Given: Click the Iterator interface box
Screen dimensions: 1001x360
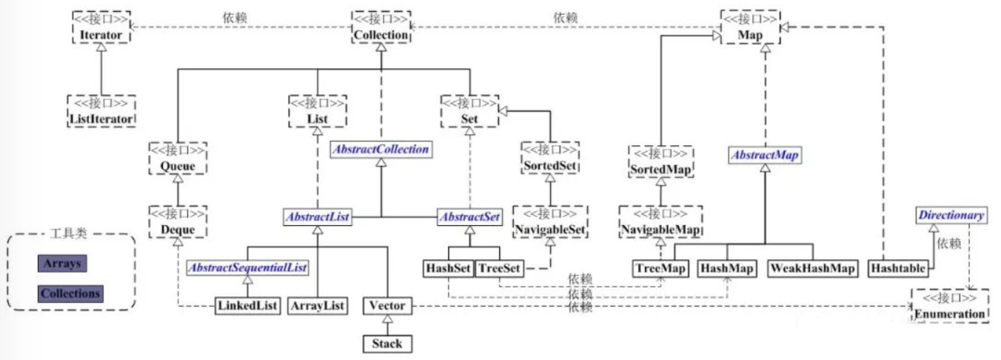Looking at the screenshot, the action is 101,27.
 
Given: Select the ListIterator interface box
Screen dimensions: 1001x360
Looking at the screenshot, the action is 101,111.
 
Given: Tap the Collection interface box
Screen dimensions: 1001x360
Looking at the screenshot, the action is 381,27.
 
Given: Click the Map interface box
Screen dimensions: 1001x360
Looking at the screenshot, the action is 751,27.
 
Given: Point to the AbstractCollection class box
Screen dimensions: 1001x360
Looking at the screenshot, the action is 381,150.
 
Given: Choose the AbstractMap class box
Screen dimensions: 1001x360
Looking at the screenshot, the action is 765,155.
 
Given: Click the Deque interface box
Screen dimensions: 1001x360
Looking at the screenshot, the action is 178,221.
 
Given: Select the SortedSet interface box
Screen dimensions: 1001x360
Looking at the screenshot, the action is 550,158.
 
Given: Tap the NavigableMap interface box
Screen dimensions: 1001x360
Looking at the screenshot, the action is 661,221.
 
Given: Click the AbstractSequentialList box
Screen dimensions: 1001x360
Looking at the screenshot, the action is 247,268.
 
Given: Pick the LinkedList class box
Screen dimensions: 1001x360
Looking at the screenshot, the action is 247,306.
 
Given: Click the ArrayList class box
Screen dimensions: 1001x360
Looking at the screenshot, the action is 318,306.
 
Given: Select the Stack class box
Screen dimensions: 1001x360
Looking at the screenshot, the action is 387,344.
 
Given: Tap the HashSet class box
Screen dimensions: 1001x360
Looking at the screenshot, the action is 448,268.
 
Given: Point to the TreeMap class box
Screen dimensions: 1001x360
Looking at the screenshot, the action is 660,268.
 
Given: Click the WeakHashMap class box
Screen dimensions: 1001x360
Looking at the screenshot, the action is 813,268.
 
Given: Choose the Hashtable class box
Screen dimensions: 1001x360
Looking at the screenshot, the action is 898,268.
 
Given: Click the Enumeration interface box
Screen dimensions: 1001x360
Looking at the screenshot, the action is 950,306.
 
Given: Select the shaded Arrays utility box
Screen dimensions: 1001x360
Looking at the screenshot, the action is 62,264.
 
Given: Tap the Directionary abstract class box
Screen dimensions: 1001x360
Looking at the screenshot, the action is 951,215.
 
